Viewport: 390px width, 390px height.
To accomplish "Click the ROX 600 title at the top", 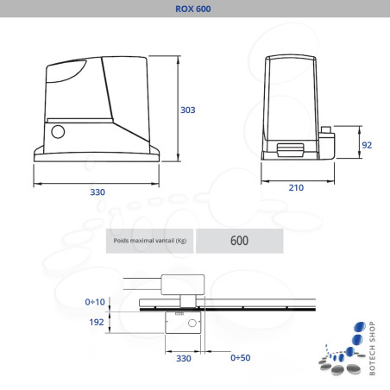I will [x=194, y=9].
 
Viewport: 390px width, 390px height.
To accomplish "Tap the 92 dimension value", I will [x=366, y=144].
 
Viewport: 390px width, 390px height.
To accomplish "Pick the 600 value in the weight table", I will [x=239, y=241].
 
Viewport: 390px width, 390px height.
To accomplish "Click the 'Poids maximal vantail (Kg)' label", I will [x=150, y=241].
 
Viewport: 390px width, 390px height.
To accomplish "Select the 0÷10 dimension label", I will [x=97, y=302].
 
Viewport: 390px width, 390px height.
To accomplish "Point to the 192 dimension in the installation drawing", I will [x=97, y=322].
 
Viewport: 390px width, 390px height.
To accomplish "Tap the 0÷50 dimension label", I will [x=241, y=356].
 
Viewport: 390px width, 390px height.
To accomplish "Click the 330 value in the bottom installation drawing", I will [x=183, y=356].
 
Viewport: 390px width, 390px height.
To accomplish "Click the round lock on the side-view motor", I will [x=59, y=133].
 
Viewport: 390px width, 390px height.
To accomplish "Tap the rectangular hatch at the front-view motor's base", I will [x=290, y=148].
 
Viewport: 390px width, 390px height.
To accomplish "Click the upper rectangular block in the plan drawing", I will [x=181, y=285].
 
